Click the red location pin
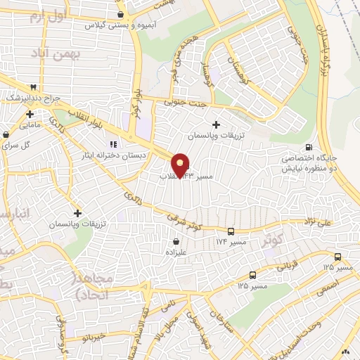pyautogui.click(x=181, y=165)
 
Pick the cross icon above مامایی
pyautogui.click(x=30, y=113)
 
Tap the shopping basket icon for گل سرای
pyautogui.click(x=7, y=133)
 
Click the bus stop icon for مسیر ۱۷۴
pyautogui.click(x=231, y=231)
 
